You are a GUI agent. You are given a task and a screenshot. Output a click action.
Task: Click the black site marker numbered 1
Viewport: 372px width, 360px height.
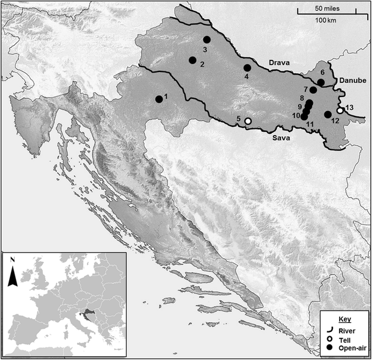coord(159,99)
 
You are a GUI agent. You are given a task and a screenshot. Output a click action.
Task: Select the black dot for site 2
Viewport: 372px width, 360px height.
coord(192,60)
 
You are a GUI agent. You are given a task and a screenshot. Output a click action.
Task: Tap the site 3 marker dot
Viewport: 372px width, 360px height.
coord(206,40)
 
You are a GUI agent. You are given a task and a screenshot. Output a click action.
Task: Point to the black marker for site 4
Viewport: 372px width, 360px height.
coord(247,68)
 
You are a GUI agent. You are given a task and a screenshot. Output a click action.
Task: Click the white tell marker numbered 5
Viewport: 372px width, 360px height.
coord(247,121)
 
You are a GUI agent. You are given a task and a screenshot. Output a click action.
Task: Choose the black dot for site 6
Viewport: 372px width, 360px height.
coord(321,82)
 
